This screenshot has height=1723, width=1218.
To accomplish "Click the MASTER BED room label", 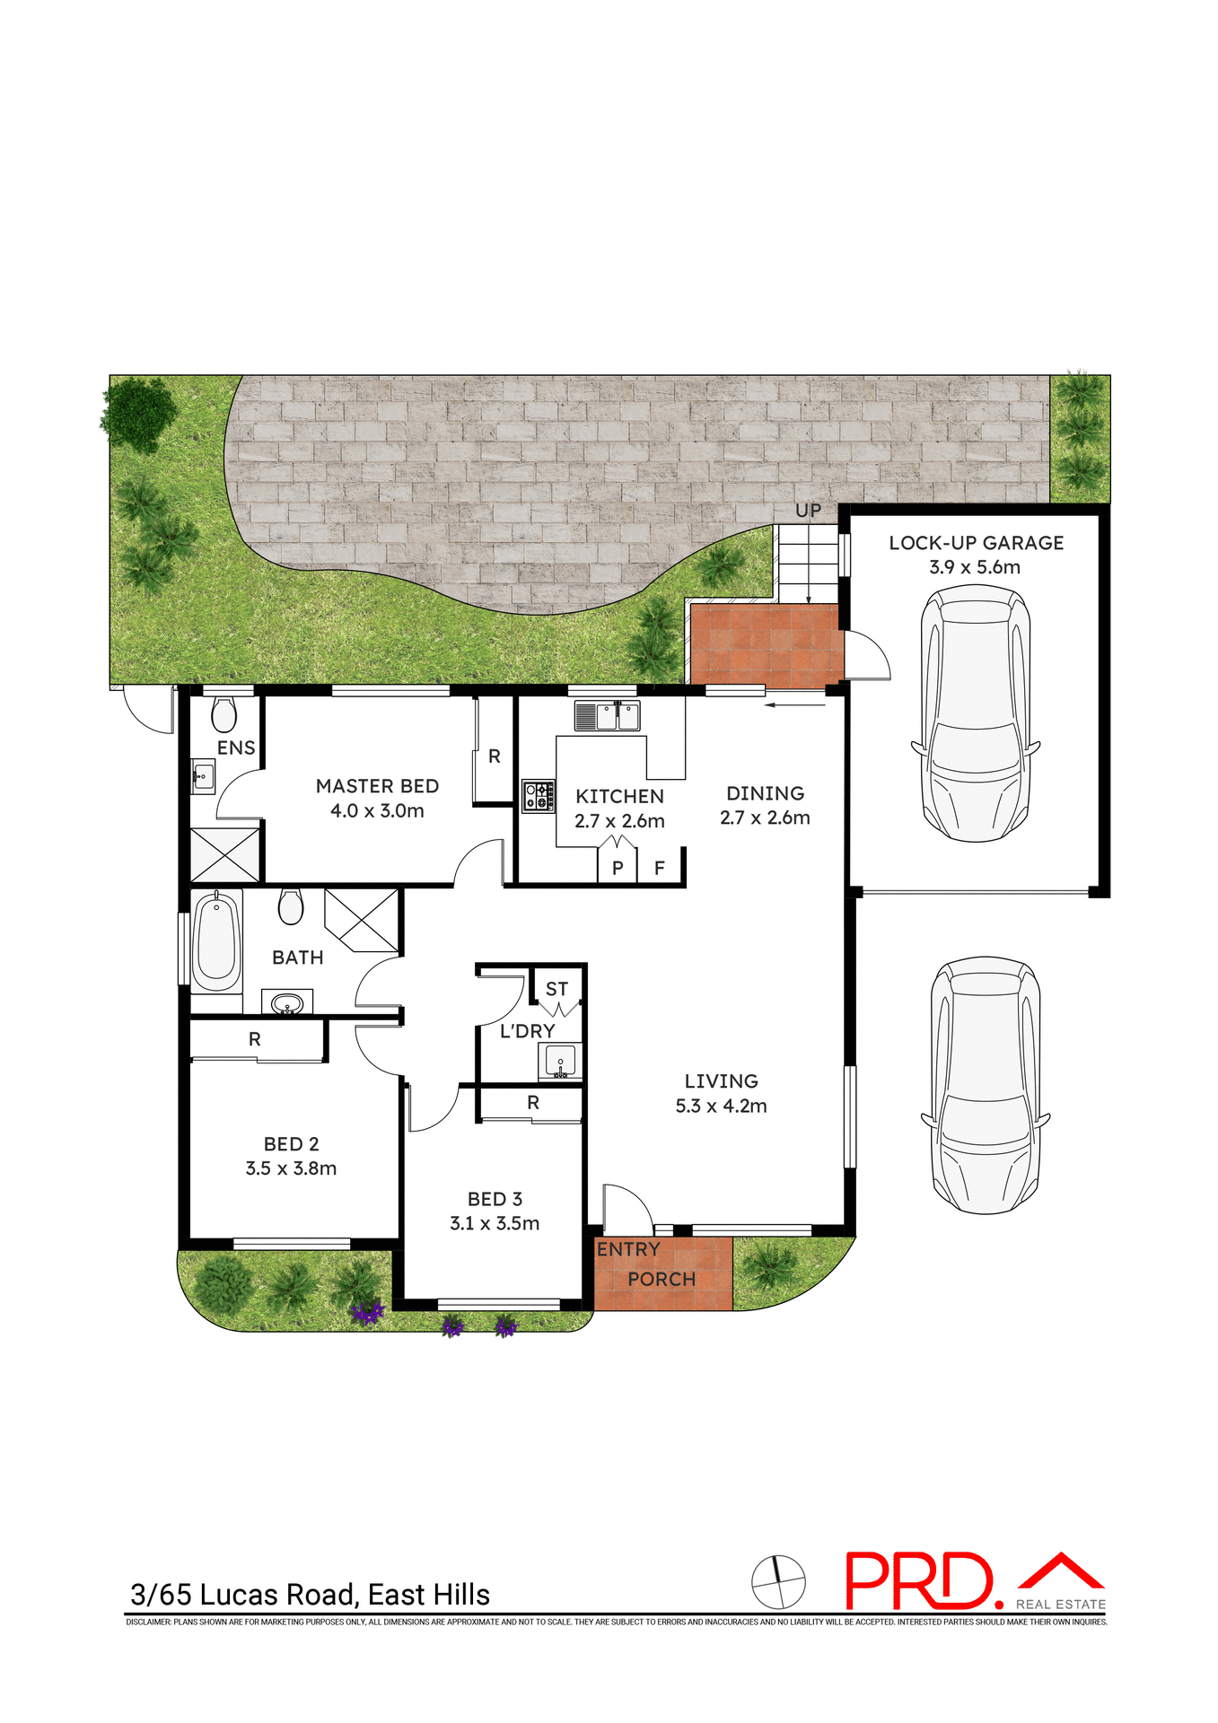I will point(377,786).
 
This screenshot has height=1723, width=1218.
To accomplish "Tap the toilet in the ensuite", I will point(223,715).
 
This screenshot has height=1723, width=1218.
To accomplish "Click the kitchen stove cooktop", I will point(538,796).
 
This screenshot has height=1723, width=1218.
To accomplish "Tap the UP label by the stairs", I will point(808,511).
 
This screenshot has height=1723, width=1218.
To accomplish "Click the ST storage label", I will point(556,989).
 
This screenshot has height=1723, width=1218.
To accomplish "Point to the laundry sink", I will point(560,1061).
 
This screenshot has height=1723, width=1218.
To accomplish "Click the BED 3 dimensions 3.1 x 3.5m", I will point(495,1223).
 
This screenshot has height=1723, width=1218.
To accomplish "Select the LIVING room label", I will point(721,1081).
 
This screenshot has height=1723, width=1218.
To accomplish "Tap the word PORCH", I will point(662,1279).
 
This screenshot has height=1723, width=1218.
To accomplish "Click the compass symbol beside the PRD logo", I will point(778,1582).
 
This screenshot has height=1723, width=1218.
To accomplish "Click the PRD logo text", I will point(920,1582).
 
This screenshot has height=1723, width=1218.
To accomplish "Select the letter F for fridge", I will point(660,868).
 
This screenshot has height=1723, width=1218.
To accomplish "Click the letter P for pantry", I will point(618,868).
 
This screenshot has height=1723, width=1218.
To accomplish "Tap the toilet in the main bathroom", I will point(290,906).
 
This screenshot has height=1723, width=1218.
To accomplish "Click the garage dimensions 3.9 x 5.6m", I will point(975,567).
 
